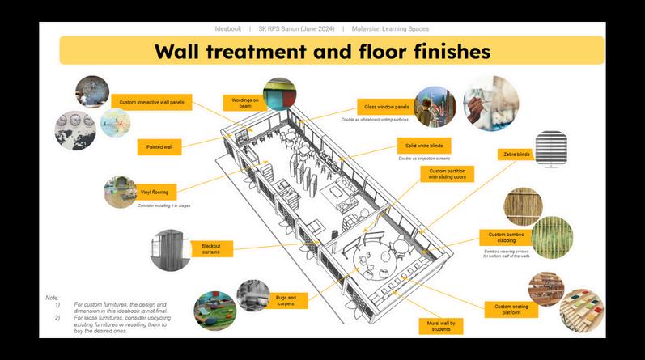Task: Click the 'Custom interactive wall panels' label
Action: click(x=151, y=103)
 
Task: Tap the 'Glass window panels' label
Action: click(x=380, y=106)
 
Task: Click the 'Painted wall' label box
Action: click(x=159, y=147)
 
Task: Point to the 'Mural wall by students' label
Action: click(x=441, y=327)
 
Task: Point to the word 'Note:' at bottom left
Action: click(x=52, y=298)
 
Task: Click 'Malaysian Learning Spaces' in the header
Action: click(x=390, y=28)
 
